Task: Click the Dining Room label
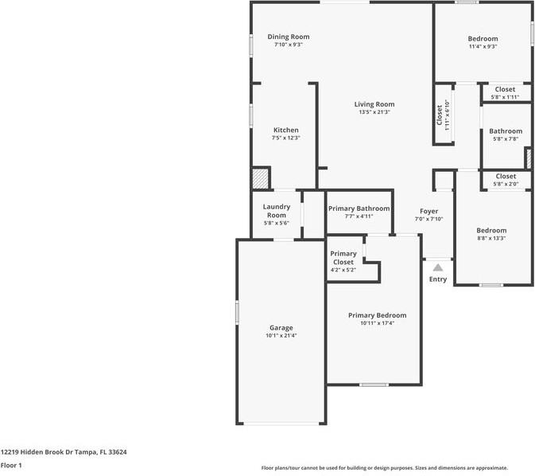[289, 37]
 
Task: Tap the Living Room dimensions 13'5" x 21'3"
[374, 112]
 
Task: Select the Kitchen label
[286, 130]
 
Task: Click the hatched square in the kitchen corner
[260, 178]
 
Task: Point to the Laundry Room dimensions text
[277, 223]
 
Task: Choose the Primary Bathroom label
[359, 209]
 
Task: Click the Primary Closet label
[343, 258]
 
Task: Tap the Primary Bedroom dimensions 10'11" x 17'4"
[378, 323]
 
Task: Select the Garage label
[281, 328]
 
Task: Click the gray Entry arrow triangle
[438, 267]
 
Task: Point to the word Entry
[438, 279]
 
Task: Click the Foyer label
[429, 211]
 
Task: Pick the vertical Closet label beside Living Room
[440, 115]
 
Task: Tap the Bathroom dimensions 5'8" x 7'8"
[506, 139]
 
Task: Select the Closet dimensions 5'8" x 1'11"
[505, 97]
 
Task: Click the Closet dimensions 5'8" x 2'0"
[506, 184]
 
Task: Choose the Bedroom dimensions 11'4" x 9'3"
[483, 46]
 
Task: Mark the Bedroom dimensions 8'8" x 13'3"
[491, 238]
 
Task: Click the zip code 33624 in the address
[118, 452]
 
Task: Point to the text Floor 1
[11, 466]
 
